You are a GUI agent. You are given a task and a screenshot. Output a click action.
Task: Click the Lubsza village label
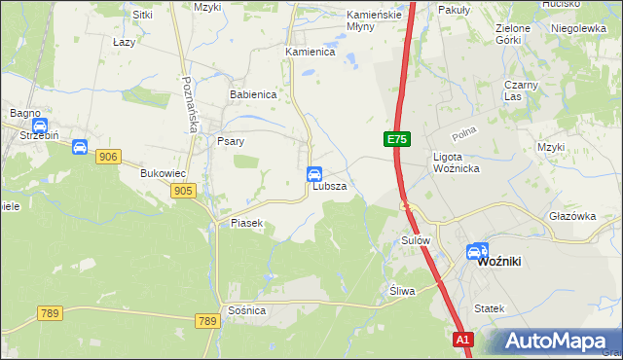point(329,186)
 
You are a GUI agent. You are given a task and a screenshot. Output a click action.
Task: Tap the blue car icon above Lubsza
point(314,174)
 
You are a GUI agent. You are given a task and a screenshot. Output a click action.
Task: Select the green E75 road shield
point(395,140)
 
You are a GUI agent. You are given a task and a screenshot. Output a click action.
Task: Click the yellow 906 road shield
point(108,157)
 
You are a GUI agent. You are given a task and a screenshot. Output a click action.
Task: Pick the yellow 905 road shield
point(182,191)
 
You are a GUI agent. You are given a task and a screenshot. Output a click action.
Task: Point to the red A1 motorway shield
point(463,340)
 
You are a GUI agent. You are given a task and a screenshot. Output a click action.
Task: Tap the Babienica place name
point(254,95)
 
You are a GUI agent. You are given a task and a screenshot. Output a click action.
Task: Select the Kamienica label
point(310,52)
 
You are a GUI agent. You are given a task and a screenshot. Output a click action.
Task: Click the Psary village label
point(230,141)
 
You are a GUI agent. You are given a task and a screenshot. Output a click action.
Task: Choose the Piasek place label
point(246,224)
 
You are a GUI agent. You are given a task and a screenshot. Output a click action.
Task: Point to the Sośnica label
point(246,309)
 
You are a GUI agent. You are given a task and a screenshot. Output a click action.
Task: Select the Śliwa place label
point(402,291)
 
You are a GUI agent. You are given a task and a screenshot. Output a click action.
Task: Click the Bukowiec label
point(163,173)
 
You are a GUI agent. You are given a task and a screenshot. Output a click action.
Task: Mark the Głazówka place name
point(571,217)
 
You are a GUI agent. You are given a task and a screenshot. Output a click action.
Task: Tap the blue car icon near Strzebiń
point(40,126)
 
